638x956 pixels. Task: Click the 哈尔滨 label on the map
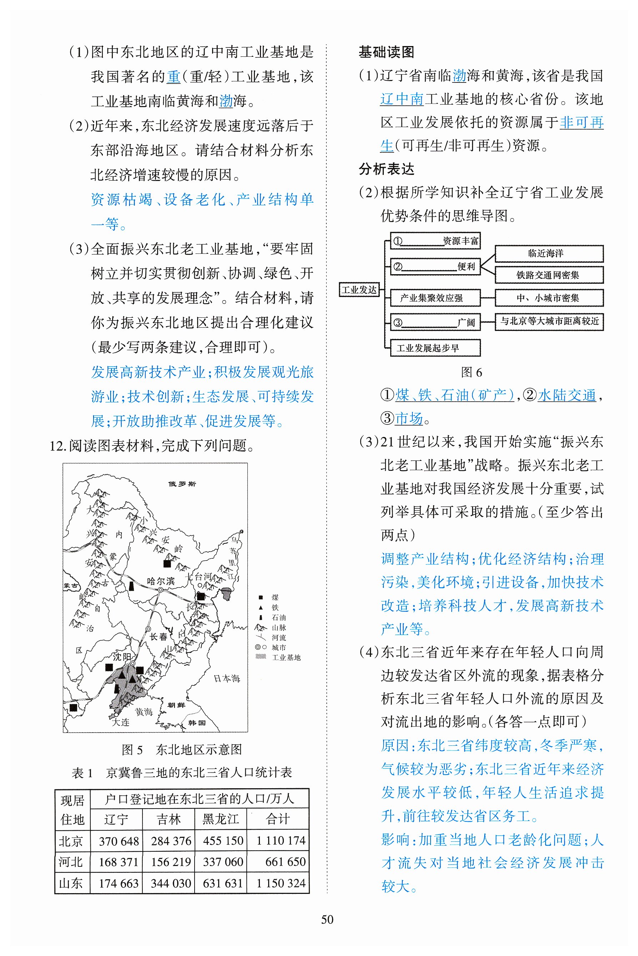(x=161, y=581)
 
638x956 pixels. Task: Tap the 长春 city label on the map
(x=159, y=637)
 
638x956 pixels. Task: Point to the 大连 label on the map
(x=120, y=722)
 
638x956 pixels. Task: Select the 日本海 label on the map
(x=227, y=678)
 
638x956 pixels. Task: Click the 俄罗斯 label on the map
(x=182, y=484)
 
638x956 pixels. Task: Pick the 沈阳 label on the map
(x=122, y=656)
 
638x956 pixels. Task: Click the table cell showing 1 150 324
(x=281, y=883)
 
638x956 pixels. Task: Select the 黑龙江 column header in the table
(x=221, y=819)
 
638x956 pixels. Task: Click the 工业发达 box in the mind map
(x=359, y=290)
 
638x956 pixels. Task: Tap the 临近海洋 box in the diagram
(x=548, y=253)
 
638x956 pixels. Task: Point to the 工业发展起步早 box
(x=434, y=348)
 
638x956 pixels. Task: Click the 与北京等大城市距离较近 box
(x=549, y=321)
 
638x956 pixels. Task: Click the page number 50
(x=327, y=919)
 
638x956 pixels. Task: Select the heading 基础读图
(x=386, y=52)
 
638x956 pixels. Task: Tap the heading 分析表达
(x=386, y=169)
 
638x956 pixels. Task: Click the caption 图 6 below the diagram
(x=471, y=372)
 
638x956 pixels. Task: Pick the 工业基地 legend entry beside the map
(x=286, y=658)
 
